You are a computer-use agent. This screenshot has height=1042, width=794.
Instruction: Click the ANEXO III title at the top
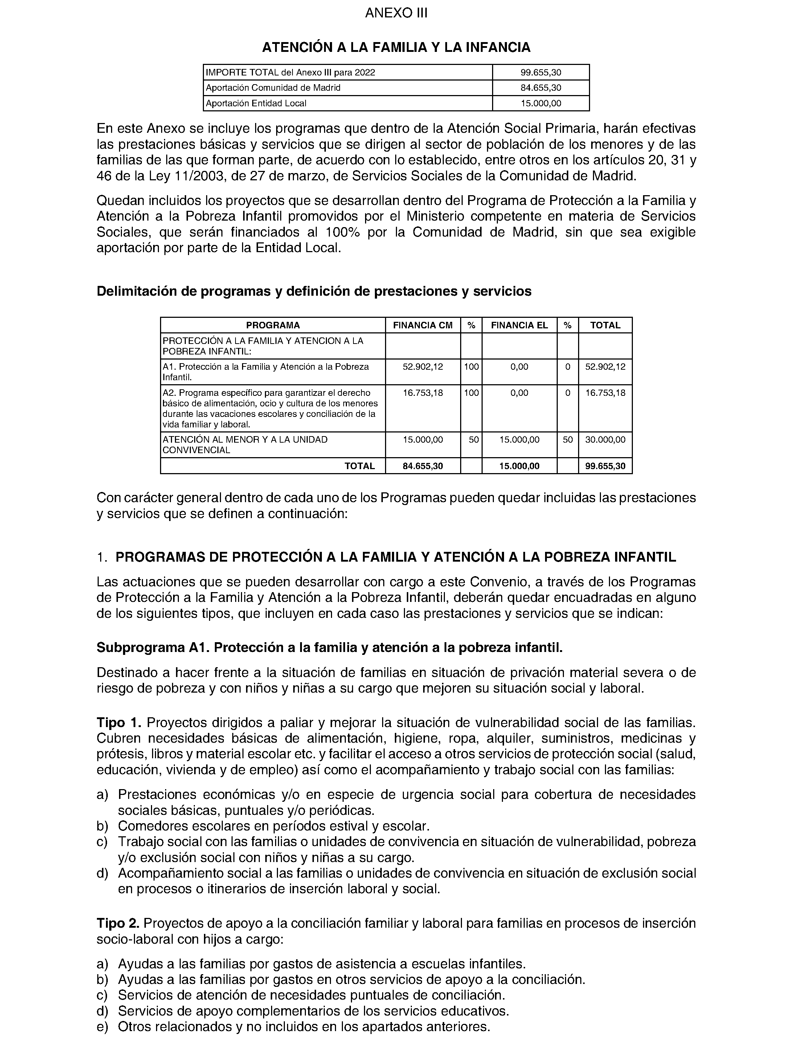pos(396,13)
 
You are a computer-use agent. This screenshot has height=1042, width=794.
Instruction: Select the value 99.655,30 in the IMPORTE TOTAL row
pos(541,72)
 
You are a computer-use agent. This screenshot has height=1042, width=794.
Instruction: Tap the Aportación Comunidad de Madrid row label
pos(273,88)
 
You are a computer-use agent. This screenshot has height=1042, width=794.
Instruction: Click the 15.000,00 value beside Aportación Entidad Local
pos(541,103)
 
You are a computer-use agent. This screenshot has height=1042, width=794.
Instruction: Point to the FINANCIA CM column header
pos(422,325)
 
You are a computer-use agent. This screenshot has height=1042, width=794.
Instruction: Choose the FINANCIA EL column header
pos(519,325)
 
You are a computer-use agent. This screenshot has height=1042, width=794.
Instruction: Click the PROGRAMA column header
pos(273,325)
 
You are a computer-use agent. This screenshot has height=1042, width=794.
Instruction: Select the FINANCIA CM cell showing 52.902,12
pos(422,367)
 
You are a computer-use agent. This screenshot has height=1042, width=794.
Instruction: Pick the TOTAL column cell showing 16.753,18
pos(605,393)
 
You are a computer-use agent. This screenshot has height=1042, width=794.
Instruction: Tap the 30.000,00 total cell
pos(605,439)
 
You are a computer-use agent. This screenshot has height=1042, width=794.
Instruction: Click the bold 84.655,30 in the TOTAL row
pos(422,466)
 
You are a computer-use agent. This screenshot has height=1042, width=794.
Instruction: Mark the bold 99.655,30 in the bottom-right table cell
pos(605,466)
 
